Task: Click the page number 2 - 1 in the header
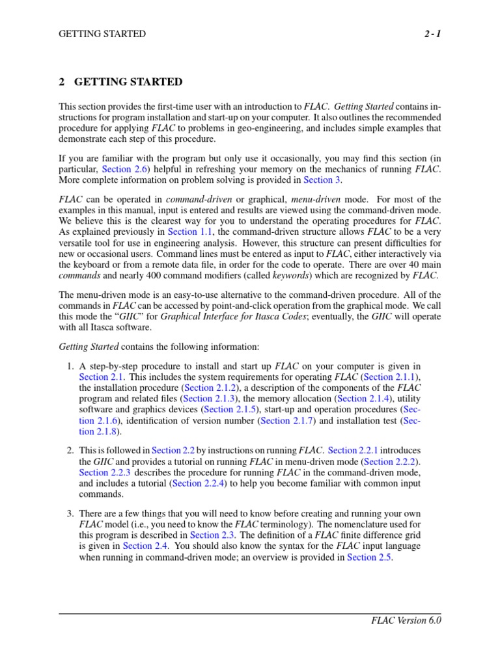coord(430,34)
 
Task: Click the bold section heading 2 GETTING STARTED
coord(120,82)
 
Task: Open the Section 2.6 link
coord(126,168)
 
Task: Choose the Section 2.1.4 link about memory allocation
coord(365,398)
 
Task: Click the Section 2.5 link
coord(369,557)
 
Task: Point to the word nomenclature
coord(355,524)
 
